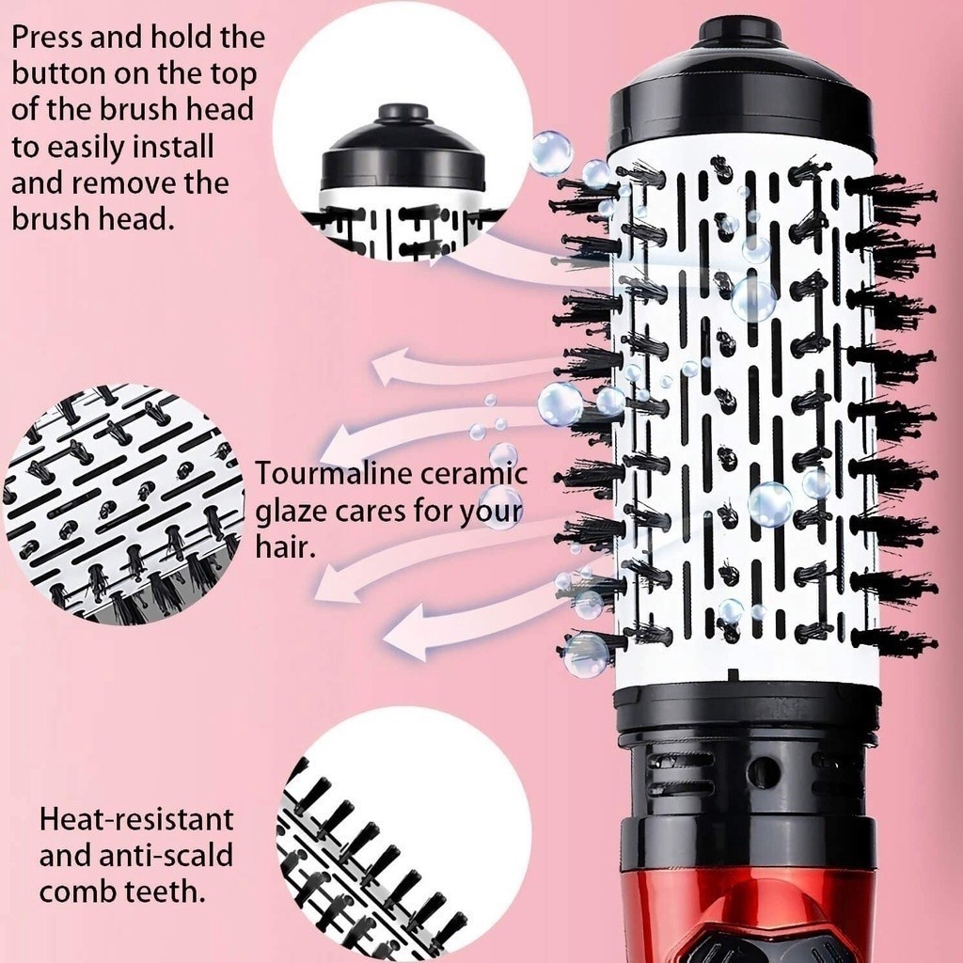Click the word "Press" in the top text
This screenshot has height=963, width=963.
(47, 38)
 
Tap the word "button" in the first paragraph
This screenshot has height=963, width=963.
(58, 73)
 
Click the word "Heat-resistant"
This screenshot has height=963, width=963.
(136, 819)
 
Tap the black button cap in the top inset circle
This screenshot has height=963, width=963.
(403, 114)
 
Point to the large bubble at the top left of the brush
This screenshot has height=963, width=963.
(551, 153)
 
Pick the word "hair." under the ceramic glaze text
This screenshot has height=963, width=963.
(285, 546)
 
